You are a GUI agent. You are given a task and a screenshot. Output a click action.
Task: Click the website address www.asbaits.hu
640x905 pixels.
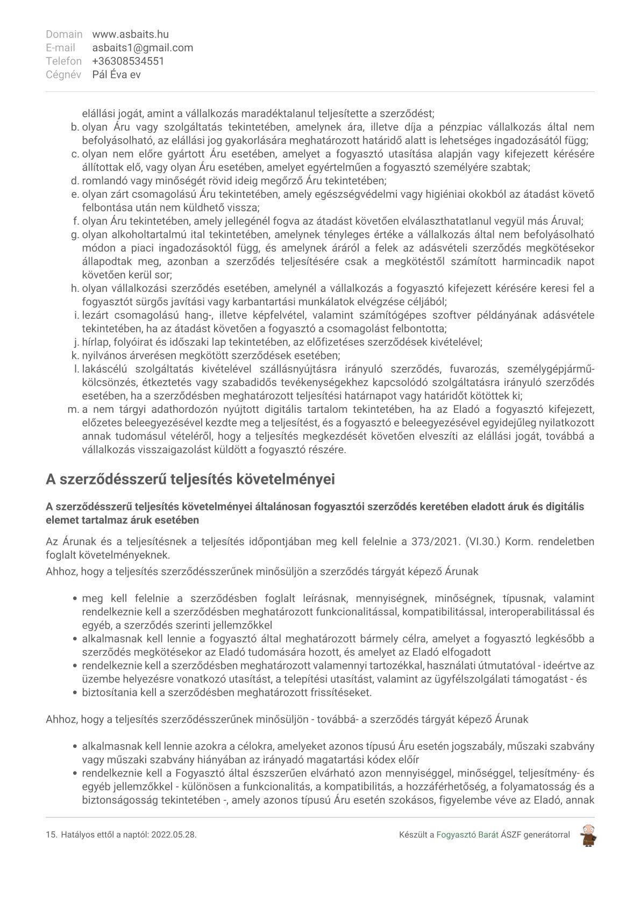pos(130,34)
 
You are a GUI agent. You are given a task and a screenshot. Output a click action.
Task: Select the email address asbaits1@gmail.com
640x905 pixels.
pos(143,48)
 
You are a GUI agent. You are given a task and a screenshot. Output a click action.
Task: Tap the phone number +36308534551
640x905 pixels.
pos(128,61)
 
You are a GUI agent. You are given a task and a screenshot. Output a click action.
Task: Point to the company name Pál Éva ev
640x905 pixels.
pos(116,75)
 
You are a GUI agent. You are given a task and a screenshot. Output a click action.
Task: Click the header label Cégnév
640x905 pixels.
pos(64,75)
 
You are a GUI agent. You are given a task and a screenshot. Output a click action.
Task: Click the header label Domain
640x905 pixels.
pos(64,34)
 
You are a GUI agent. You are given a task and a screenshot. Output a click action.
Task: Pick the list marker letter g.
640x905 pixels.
pos(75,235)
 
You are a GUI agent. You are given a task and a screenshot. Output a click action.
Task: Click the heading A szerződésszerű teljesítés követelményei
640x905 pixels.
pos(190,479)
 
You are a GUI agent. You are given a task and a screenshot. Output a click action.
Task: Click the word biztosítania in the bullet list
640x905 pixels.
pos(107,693)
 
